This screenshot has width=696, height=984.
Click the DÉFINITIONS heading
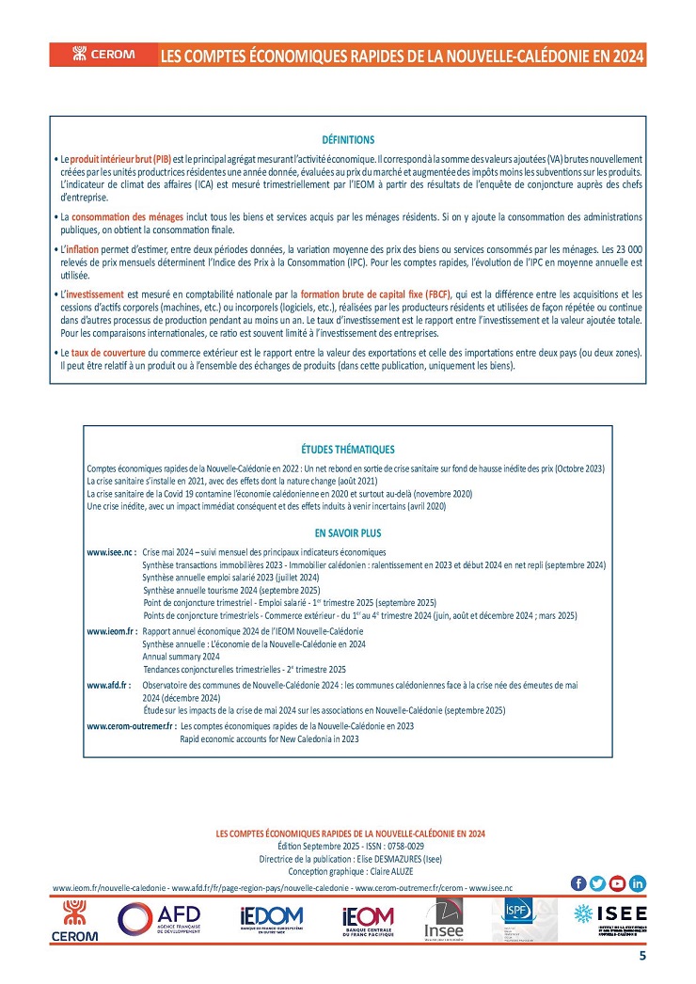coord(347,139)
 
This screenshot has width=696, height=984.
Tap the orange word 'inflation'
coord(87,247)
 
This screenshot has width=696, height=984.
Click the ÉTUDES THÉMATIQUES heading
coord(347,450)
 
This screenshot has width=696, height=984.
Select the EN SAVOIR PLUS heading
coord(347,532)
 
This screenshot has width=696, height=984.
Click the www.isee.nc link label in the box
coord(111,552)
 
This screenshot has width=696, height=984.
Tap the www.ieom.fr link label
coord(113,630)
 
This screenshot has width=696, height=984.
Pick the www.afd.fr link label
coord(108,686)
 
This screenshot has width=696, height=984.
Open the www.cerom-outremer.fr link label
coord(132,726)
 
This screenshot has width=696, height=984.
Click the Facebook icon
coord(577,882)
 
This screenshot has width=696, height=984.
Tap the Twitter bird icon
coord(597,882)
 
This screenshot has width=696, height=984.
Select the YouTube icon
coord(617,882)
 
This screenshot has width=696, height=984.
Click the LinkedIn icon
coord(638,882)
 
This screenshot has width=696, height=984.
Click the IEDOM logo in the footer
coord(271,919)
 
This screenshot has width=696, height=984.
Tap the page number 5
coord(641,957)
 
